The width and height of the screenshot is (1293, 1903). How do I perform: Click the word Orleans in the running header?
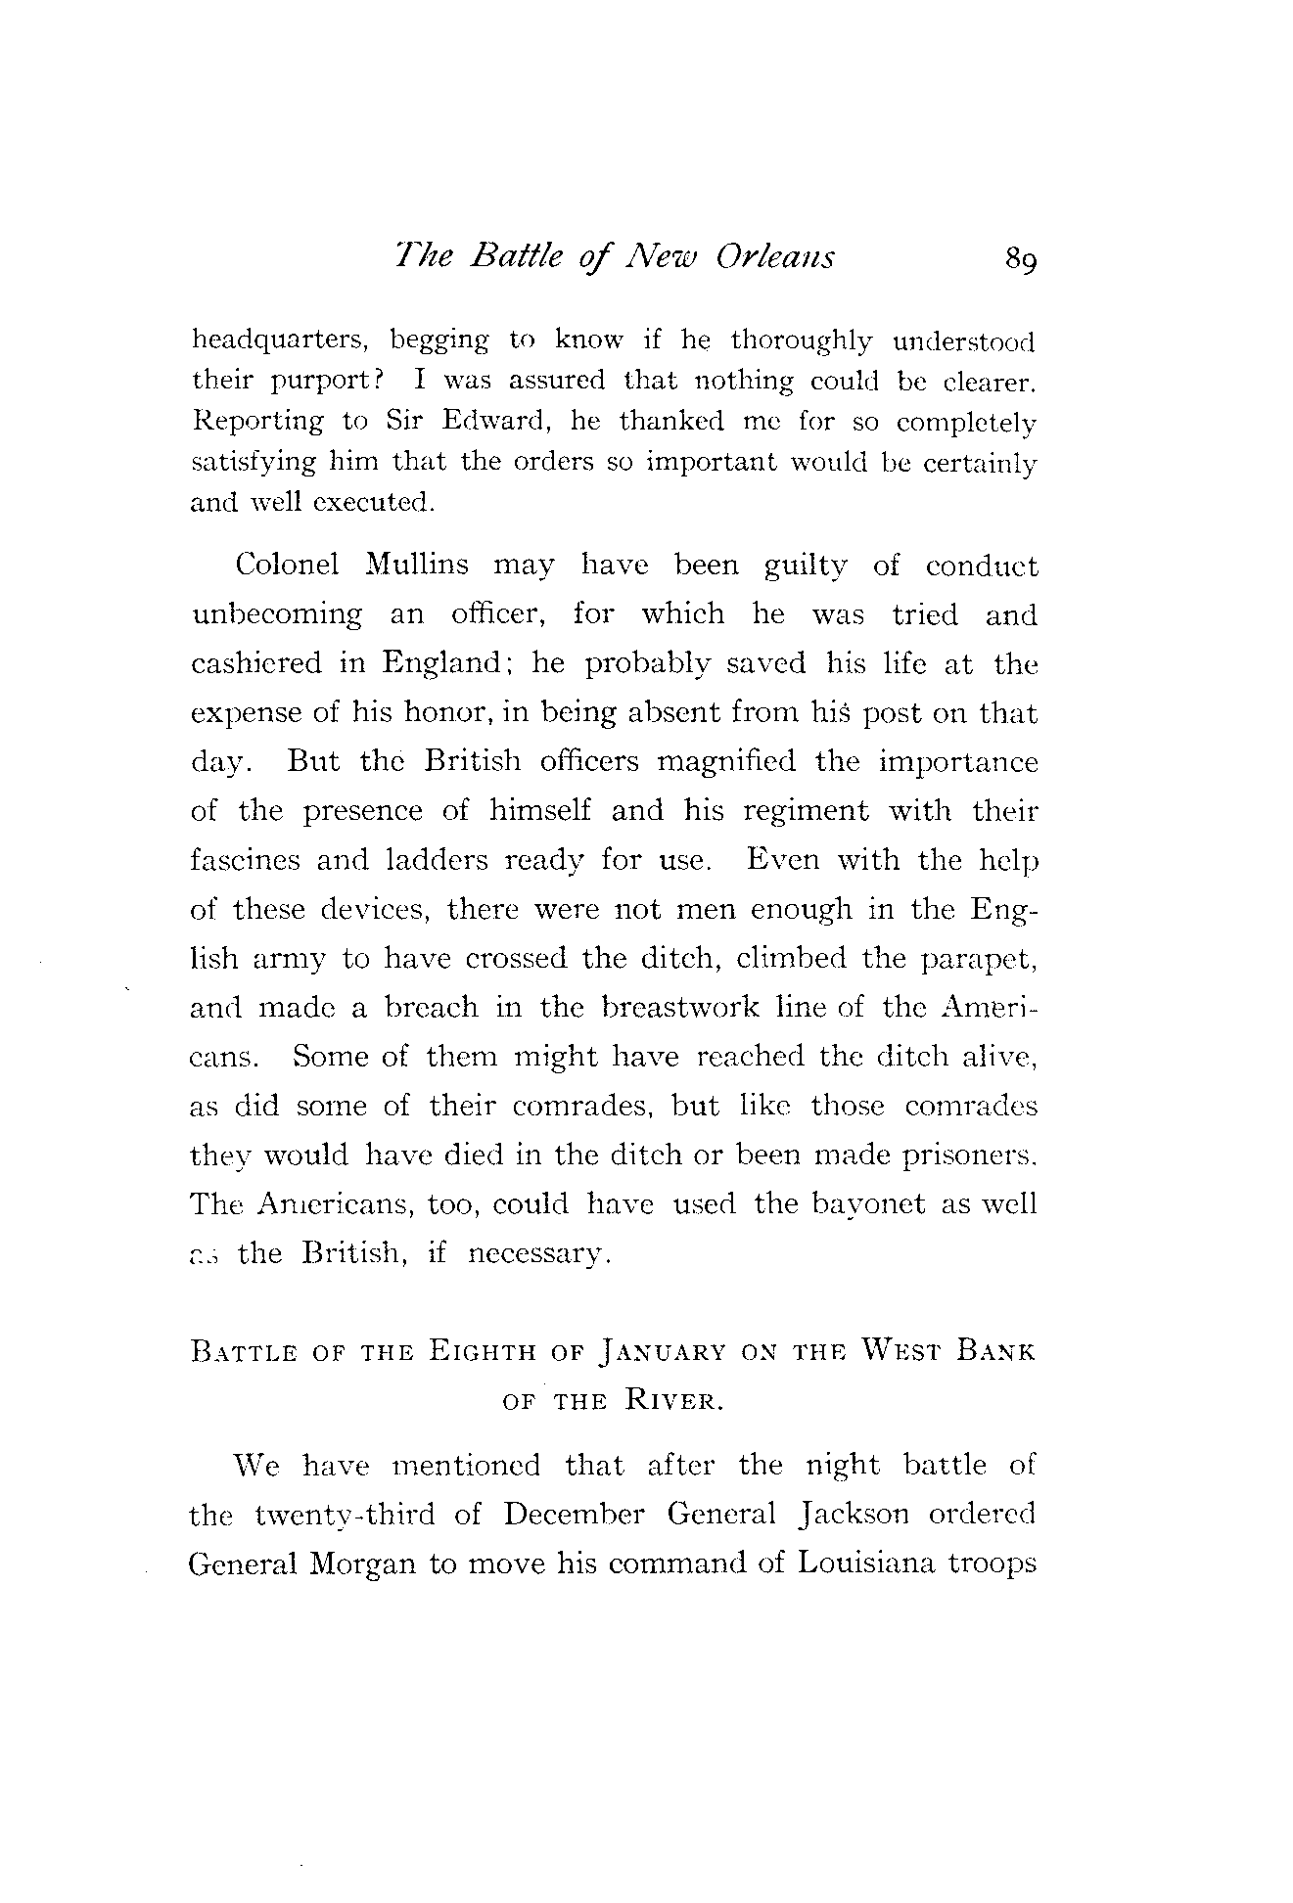click(x=775, y=256)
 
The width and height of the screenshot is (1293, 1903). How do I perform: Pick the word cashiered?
click(x=255, y=663)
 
